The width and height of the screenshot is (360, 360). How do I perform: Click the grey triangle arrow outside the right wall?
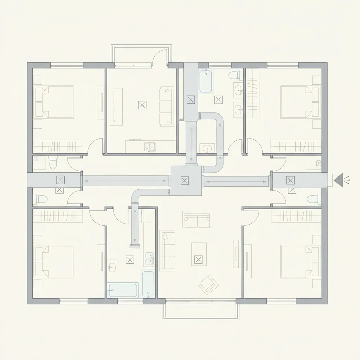[338, 180]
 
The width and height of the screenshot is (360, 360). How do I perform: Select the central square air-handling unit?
[186, 181]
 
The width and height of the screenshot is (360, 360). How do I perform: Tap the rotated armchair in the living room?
[206, 284]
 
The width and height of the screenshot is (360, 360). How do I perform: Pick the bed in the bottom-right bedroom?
[301, 261]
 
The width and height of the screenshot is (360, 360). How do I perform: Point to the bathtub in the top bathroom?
[206, 82]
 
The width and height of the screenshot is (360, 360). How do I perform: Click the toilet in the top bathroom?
[234, 75]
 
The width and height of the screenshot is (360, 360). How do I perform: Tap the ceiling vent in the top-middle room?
[142, 105]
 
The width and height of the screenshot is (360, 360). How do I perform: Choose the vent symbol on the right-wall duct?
[290, 180]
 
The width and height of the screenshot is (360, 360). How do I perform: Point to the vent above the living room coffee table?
[198, 260]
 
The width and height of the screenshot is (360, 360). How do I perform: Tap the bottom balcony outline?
[200, 311]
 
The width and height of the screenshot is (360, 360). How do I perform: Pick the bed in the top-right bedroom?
[301, 102]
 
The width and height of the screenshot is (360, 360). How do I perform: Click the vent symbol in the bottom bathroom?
[130, 260]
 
